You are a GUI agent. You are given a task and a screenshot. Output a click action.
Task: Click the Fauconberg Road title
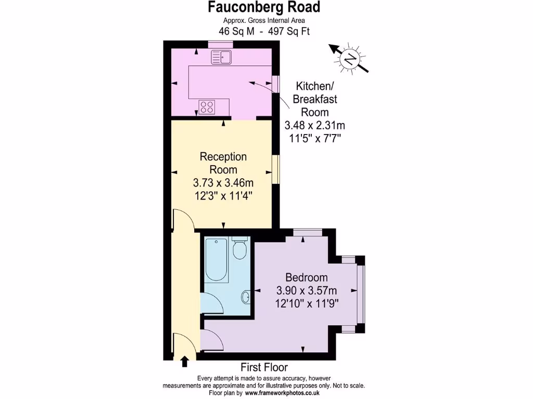(264, 7)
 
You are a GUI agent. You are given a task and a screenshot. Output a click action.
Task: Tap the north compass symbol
(349, 59)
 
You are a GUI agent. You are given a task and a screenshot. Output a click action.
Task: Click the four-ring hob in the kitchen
(207, 107)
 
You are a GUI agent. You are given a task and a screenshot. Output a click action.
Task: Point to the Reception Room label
(223, 163)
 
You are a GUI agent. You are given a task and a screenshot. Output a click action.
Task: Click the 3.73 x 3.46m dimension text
(223, 183)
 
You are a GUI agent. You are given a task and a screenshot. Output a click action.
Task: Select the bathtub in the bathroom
(215, 260)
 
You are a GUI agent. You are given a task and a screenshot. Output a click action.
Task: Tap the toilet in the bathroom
(239, 250)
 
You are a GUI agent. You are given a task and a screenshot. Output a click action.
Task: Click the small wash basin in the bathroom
(246, 297)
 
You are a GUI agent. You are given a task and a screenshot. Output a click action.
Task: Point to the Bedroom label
(307, 277)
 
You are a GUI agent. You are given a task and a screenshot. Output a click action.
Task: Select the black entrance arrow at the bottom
(184, 362)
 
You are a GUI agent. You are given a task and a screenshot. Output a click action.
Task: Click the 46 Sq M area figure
(236, 31)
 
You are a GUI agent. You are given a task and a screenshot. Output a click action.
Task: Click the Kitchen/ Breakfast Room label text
(314, 99)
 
